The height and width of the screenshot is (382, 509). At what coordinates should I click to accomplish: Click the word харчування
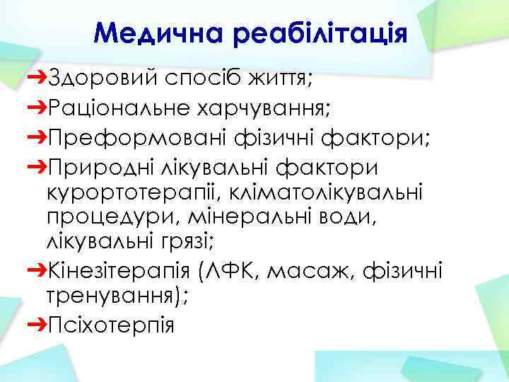coord(269,108)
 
